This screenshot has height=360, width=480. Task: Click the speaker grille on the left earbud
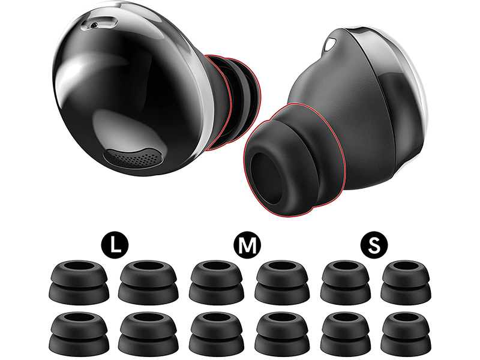[133, 158]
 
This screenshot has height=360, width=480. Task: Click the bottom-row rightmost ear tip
[404, 332]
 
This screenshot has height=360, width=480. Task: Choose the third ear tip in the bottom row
[217, 332]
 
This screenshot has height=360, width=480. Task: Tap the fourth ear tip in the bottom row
[282, 332]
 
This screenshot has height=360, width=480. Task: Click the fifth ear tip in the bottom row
[345, 332]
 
